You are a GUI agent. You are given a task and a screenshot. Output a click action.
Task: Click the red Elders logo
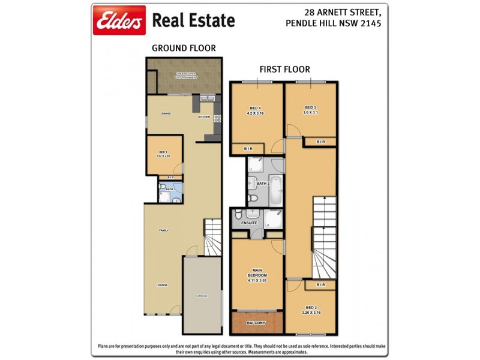click(x=119, y=20)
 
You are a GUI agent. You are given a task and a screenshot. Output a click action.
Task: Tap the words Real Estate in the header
click(x=193, y=20)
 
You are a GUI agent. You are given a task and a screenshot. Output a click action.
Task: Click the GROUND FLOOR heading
click(x=184, y=48)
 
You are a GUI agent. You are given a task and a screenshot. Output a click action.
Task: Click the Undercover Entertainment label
click(x=186, y=76)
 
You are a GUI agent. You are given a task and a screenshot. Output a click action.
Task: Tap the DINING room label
click(x=167, y=113)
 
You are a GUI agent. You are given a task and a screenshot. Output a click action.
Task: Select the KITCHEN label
click(x=204, y=117)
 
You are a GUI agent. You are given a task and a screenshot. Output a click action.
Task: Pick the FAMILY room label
click(x=163, y=230)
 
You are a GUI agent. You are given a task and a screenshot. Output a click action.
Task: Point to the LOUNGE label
click(x=163, y=285)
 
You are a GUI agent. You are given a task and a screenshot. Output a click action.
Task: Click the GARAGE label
click(x=203, y=296)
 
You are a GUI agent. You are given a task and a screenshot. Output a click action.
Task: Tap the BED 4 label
click(x=256, y=110)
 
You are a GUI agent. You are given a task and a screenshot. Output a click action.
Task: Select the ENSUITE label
click(x=249, y=223)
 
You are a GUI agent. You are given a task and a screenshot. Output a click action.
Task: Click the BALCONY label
click(x=256, y=323)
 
